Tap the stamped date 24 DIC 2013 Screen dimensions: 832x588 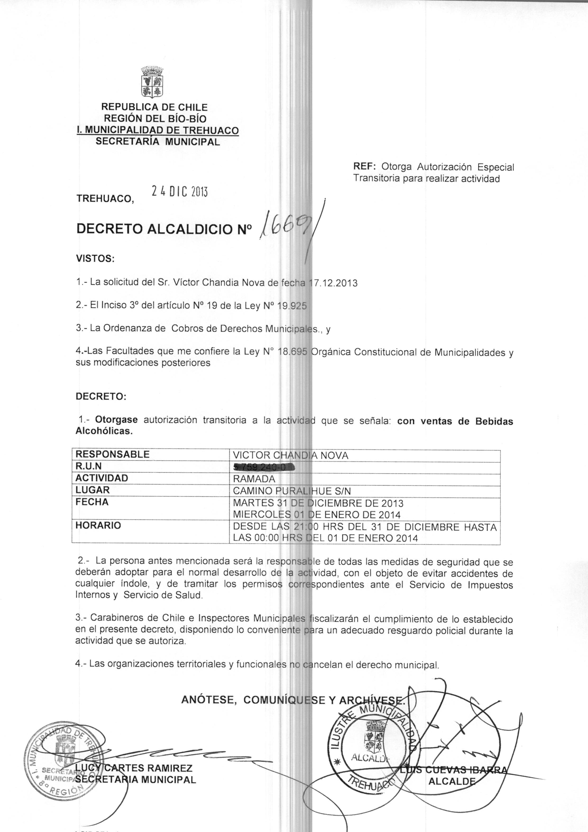click(x=179, y=191)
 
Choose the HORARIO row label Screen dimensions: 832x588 click(x=98, y=525)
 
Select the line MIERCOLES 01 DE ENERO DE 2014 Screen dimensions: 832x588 click(x=317, y=515)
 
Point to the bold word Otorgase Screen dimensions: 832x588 click(x=116, y=420)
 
